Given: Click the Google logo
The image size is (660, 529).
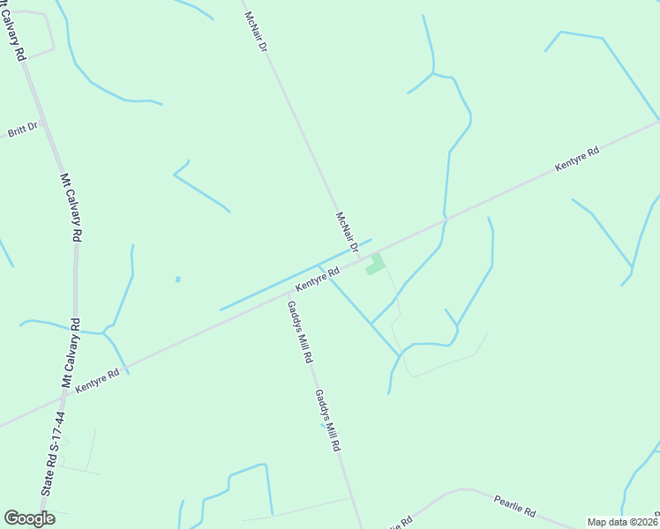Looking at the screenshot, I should pyautogui.click(x=29, y=518).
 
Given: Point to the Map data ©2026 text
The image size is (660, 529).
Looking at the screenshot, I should pyautogui.click(x=622, y=522).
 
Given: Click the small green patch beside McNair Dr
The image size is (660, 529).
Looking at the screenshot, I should pyautogui.click(x=375, y=264).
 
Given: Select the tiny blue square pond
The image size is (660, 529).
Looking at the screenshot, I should pyautogui.click(x=178, y=279).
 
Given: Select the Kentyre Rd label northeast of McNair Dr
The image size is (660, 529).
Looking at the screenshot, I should pyautogui.click(x=577, y=159).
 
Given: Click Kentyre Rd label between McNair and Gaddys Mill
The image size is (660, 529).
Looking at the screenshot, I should pyautogui.click(x=318, y=280).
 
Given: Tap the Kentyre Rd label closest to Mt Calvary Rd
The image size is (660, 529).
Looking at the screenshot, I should pyautogui.click(x=97, y=381).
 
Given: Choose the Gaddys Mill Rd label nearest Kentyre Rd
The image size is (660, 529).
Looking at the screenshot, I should pyautogui.click(x=299, y=332).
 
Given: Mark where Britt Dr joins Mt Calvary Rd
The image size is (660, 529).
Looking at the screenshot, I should pyautogui.click(x=42, y=123).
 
